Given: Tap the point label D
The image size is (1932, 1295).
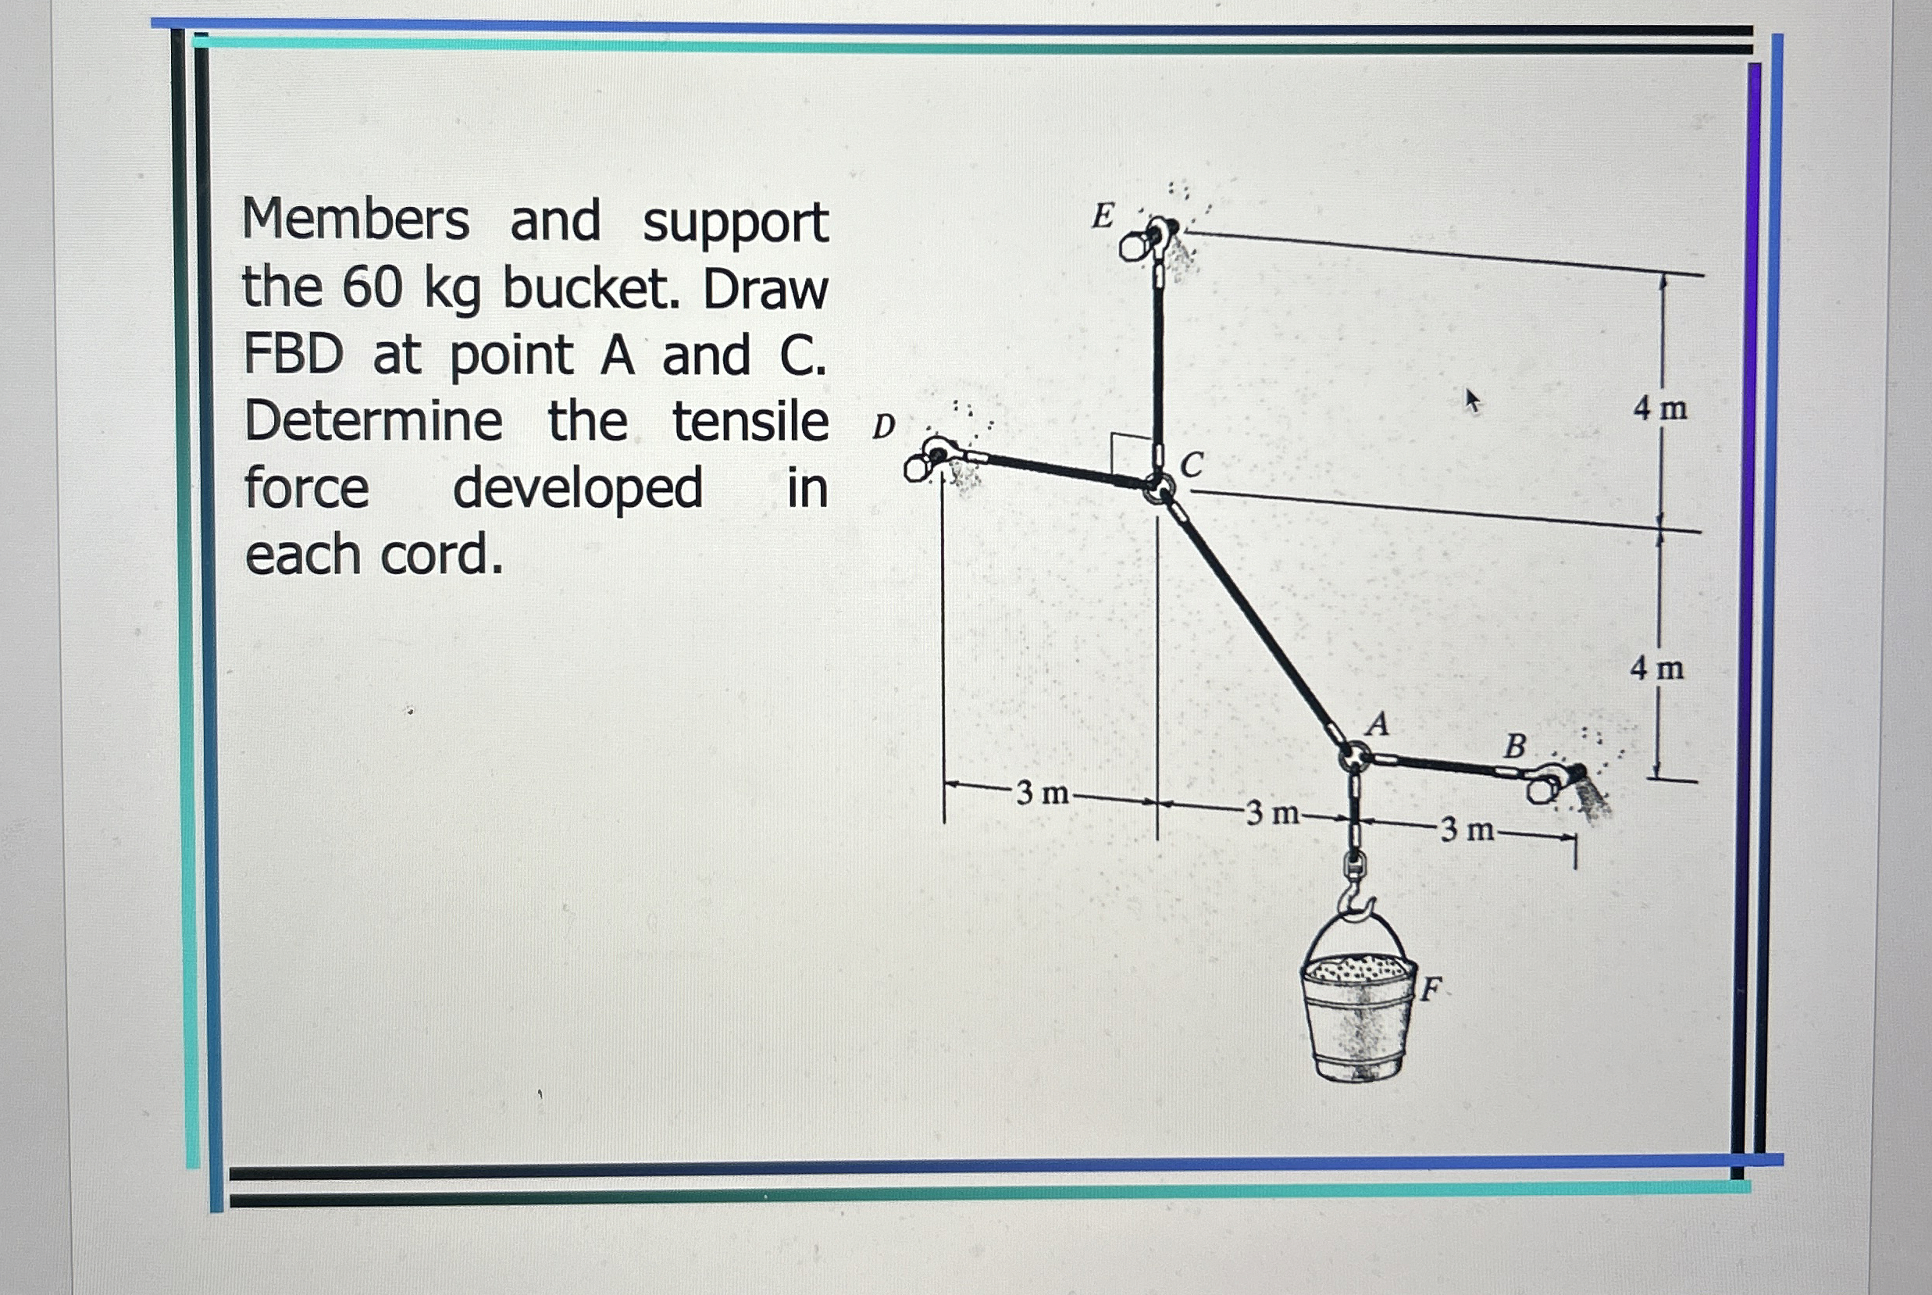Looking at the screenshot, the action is pyautogui.click(x=884, y=427).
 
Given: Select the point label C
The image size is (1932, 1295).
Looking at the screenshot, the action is pyautogui.click(x=1192, y=465).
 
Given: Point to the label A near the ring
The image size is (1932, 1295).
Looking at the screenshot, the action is pyautogui.click(x=1378, y=723).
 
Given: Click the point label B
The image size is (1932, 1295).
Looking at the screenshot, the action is pyautogui.click(x=1515, y=746).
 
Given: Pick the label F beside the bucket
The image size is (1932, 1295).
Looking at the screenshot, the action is pyautogui.click(x=1431, y=988).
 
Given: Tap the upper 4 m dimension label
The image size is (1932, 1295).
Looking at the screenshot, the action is pyautogui.click(x=1660, y=408).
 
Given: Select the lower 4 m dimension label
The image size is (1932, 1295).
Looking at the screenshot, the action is pyautogui.click(x=1657, y=667).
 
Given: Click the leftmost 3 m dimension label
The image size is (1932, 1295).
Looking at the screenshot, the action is pyautogui.click(x=1043, y=793).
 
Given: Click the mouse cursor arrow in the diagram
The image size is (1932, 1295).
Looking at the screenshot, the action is pyautogui.click(x=1472, y=401).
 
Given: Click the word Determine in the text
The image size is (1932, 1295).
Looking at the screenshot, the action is pyautogui.click(x=373, y=420).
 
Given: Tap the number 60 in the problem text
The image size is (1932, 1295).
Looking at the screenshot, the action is pyautogui.click(x=372, y=288).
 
